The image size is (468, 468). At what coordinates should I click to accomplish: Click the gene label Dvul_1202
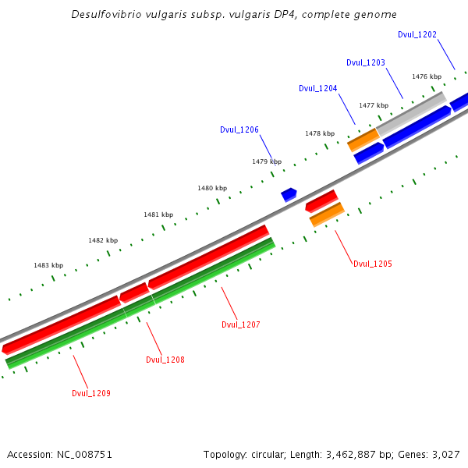(x=417, y=34)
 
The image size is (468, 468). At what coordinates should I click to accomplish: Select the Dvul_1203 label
(x=366, y=62)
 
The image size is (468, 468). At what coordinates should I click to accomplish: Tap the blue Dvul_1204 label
(x=318, y=88)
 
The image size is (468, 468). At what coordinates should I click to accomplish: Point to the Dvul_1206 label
(x=239, y=130)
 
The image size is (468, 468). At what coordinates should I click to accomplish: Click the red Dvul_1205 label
(x=373, y=264)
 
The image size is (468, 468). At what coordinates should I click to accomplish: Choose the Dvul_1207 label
(x=241, y=324)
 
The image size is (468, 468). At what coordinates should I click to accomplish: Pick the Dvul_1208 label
(x=165, y=360)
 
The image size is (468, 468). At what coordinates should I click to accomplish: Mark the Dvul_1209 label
(x=91, y=393)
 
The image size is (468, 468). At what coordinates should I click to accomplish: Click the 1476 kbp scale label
(x=427, y=76)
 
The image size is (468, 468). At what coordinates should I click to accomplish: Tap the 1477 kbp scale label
(x=374, y=105)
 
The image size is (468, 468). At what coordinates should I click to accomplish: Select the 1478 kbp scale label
(x=320, y=133)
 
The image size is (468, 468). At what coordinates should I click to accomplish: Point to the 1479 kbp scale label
(x=267, y=161)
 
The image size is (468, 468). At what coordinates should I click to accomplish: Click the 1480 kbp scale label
(x=212, y=188)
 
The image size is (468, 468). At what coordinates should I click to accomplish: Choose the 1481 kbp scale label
(x=158, y=214)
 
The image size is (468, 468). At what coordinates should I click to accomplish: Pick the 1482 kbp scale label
(x=103, y=240)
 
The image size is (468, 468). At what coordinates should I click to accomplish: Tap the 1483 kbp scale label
(x=48, y=265)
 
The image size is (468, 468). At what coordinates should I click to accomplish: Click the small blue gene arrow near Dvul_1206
(x=289, y=193)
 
